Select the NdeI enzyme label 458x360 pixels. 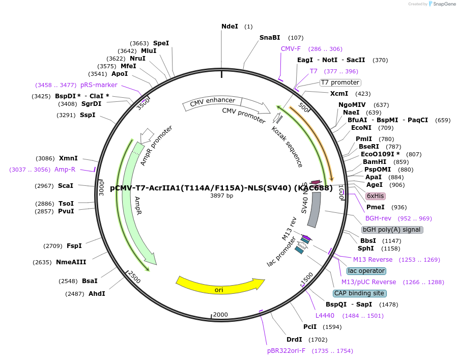[230, 26]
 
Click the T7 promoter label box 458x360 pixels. [340, 82]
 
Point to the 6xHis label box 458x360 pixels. [376, 196]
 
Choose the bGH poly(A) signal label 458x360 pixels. [392, 230]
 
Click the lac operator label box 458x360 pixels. [366, 271]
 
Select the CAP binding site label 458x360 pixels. [359, 293]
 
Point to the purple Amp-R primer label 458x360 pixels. [65, 170]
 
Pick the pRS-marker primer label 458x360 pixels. [99, 85]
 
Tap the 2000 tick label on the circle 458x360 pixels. [220, 314]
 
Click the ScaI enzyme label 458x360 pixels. [65, 186]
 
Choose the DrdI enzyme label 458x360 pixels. [294, 339]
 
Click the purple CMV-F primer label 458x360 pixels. [291, 49]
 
